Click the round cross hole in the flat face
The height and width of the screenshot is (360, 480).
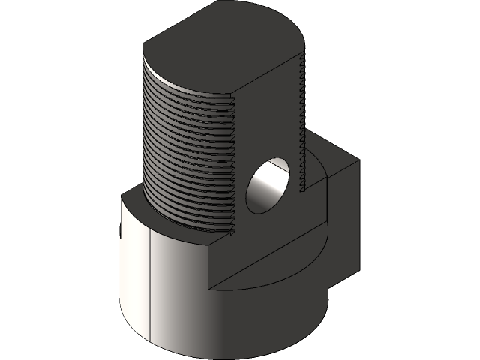click(268, 185)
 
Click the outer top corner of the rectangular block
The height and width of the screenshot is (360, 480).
click(358, 160)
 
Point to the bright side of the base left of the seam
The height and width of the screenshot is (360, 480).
click(135, 277)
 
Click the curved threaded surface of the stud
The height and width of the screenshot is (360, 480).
click(187, 150)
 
